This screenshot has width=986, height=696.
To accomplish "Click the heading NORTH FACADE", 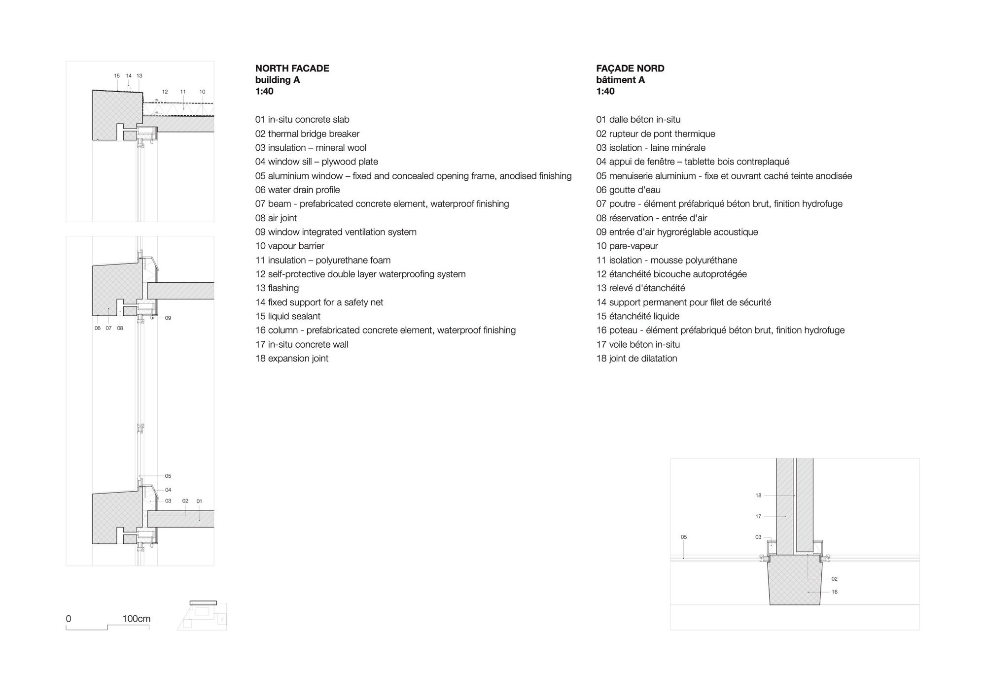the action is click(292, 68).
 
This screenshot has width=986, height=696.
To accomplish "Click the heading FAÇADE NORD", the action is click(630, 68).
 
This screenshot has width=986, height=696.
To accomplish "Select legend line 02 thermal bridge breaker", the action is click(307, 133).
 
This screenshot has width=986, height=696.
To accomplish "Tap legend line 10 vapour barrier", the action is click(289, 246).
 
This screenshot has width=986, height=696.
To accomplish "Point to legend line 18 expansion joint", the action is click(291, 358).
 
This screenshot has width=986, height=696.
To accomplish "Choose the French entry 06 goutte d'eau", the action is click(628, 190).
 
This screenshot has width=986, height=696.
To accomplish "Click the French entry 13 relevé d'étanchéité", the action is click(640, 288).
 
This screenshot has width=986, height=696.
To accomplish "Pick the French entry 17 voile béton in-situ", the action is click(638, 344).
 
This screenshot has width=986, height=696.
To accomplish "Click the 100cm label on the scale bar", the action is click(137, 619).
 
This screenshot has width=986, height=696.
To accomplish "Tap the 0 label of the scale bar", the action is click(69, 619).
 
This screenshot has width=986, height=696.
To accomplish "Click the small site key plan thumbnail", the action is click(202, 615).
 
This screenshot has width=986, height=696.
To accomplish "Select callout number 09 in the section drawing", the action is click(168, 318).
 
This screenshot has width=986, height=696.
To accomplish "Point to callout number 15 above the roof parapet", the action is click(117, 76).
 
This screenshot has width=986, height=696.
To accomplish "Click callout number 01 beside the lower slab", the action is click(199, 501).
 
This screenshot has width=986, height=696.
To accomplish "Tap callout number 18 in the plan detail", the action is click(758, 496).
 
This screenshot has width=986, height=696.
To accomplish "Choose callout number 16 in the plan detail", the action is click(835, 592).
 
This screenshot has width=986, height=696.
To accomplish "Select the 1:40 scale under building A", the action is click(264, 91).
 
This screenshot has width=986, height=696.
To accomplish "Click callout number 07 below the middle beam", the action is click(108, 328).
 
